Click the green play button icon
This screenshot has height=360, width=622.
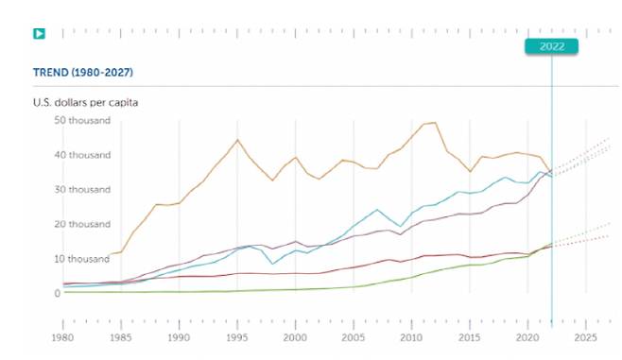[40, 34]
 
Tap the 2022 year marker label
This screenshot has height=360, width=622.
[551, 46]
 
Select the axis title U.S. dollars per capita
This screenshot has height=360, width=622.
[86, 102]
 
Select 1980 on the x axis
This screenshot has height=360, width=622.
[62, 336]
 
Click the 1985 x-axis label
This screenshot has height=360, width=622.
[121, 336]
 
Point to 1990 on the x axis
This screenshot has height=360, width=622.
[179, 336]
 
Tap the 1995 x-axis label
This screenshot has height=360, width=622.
[237, 336]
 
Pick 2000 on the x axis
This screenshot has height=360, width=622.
[295, 336]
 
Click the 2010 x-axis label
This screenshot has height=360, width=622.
[411, 336]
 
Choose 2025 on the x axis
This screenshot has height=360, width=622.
[585, 336]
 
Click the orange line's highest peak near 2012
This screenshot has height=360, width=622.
[434, 122]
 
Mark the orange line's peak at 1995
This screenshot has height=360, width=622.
[237, 140]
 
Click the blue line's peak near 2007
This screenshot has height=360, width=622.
[377, 210]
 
